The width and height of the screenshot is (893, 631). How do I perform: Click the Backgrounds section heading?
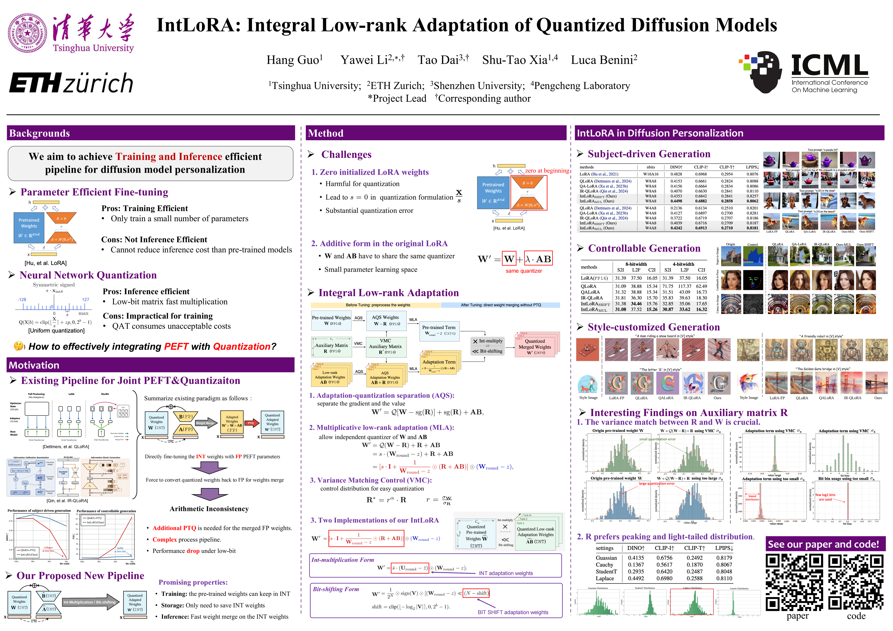[40, 133]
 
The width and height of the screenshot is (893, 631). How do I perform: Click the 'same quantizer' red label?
[523, 271]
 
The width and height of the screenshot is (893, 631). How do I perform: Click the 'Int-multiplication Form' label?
[342, 560]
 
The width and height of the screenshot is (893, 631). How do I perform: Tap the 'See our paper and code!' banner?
[823, 544]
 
